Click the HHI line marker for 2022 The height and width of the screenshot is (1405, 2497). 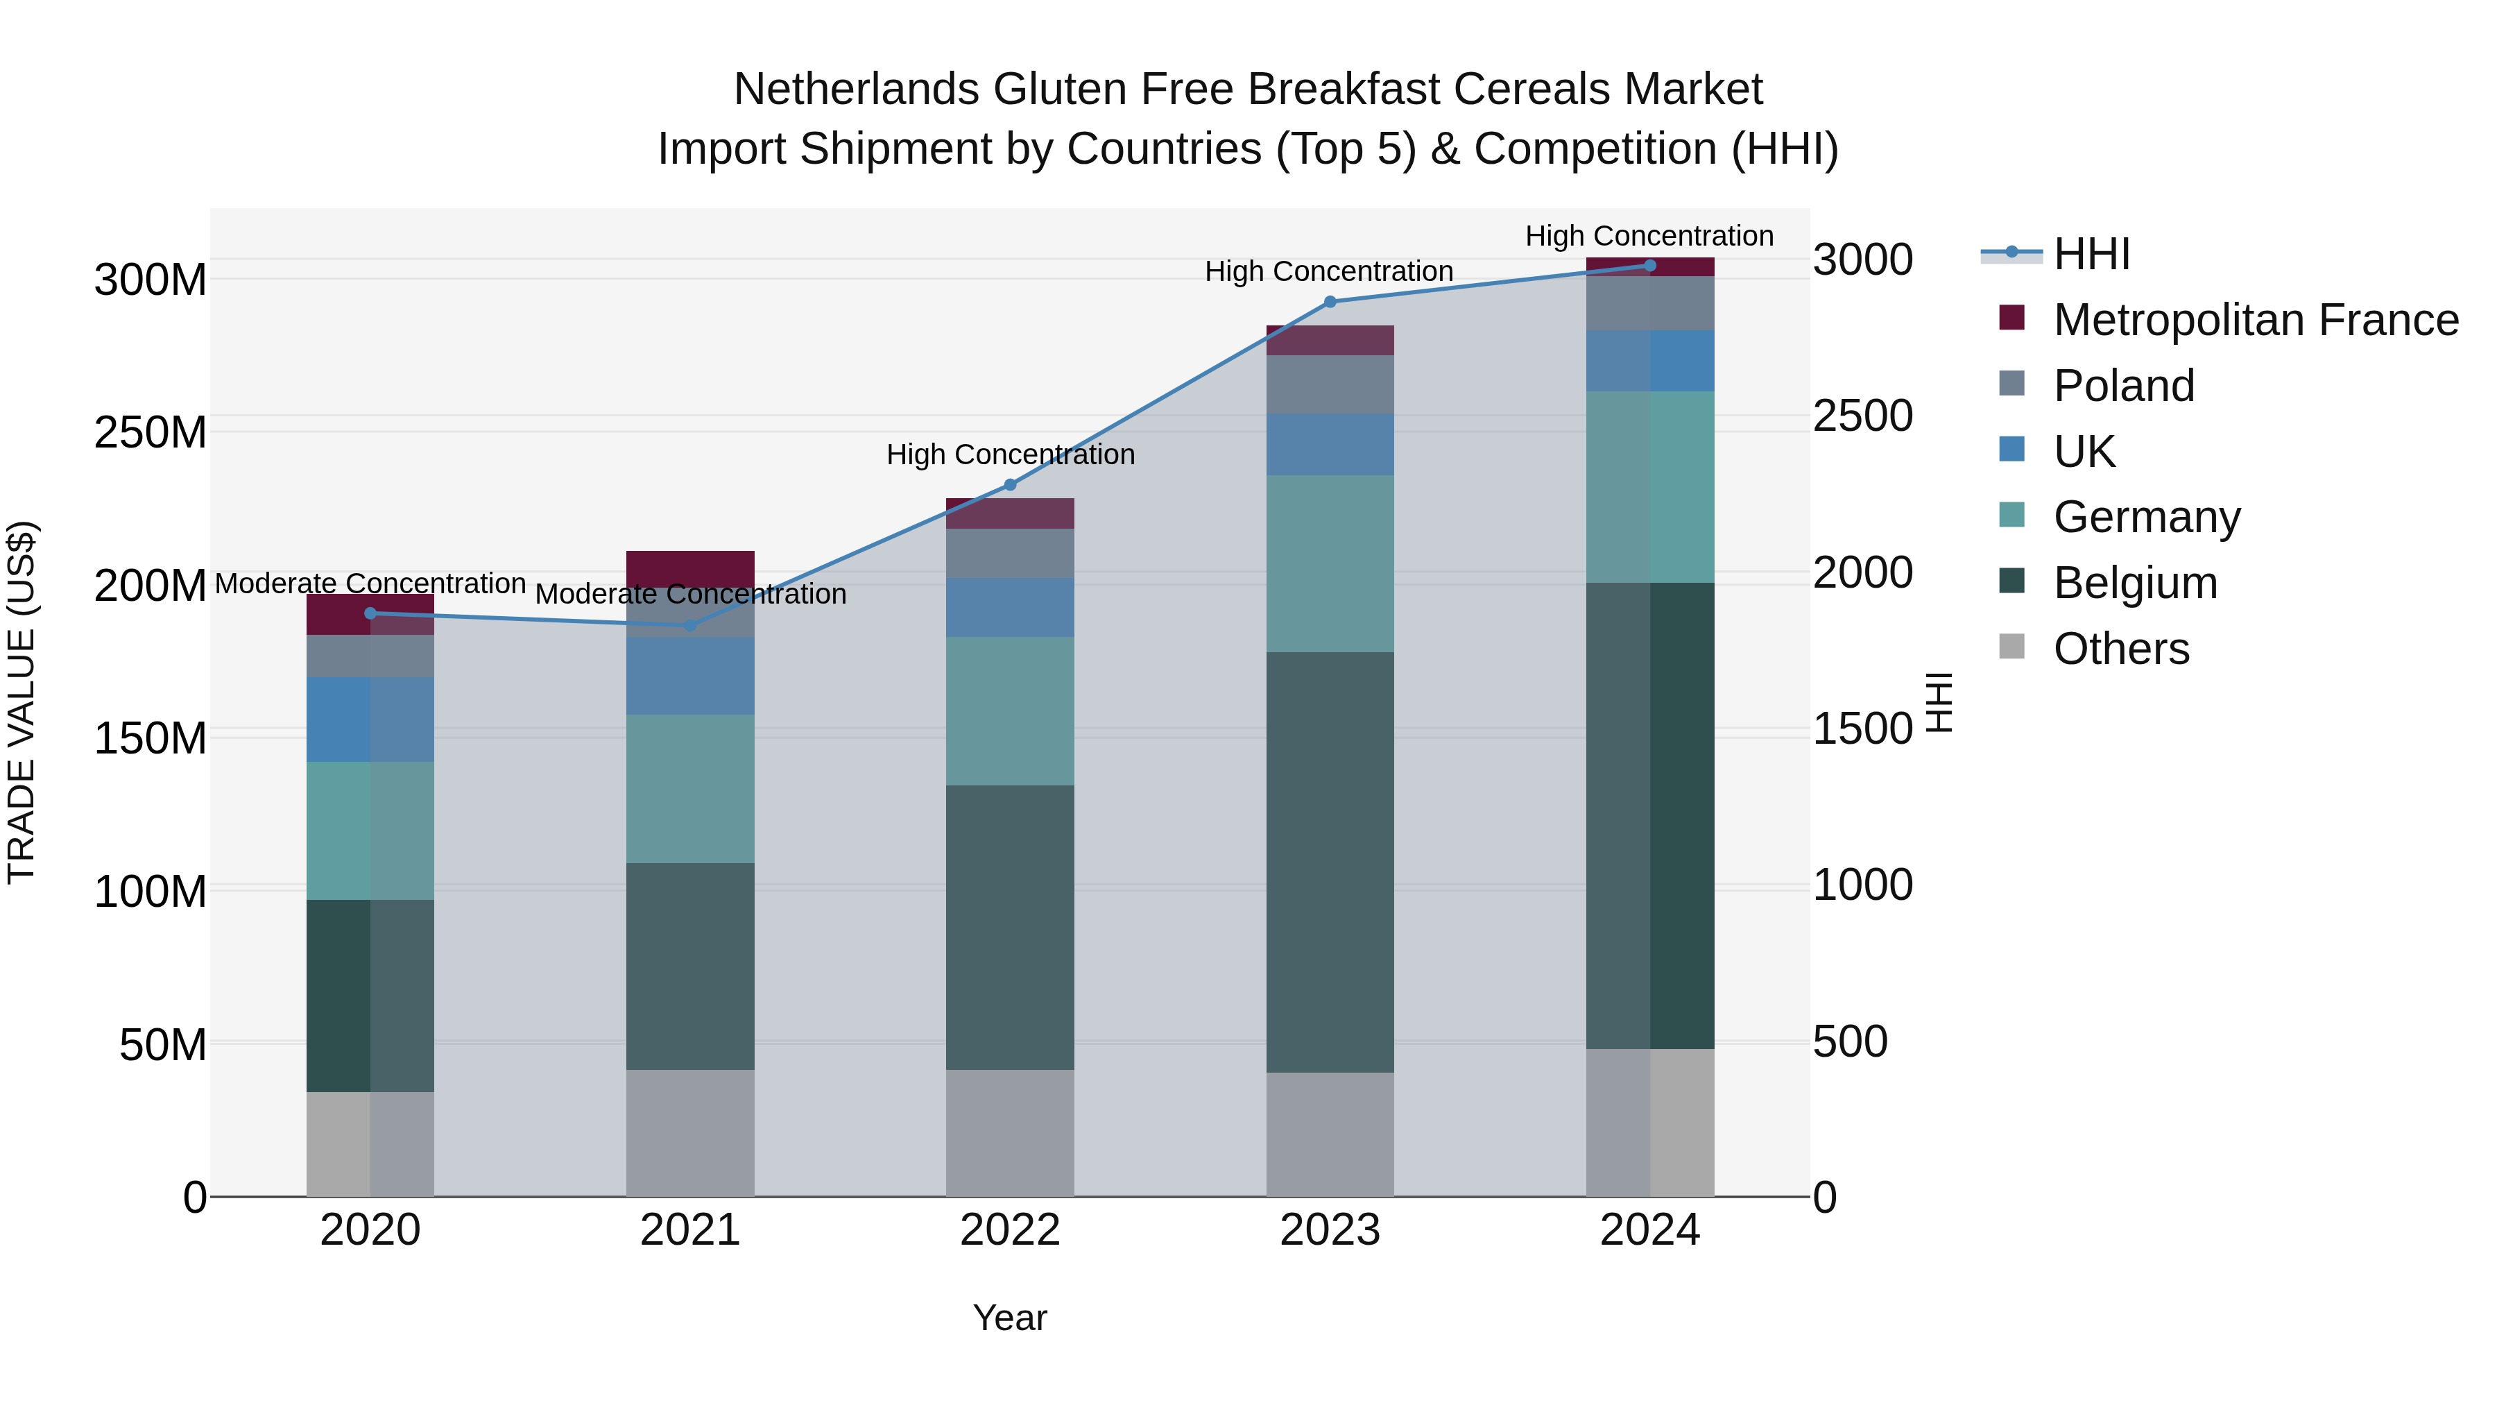coord(1009,485)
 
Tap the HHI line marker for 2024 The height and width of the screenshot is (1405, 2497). coord(1650,266)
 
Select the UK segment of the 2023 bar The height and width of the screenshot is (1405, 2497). coord(1330,444)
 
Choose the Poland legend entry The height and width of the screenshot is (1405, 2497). coord(2123,386)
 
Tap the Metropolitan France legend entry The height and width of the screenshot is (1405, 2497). coord(2255,320)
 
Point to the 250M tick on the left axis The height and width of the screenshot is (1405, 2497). coord(151,432)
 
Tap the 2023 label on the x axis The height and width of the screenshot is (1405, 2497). coord(1330,1230)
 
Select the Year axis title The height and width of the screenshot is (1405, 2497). coord(1009,1318)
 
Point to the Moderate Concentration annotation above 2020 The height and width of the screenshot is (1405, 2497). coord(370,584)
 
